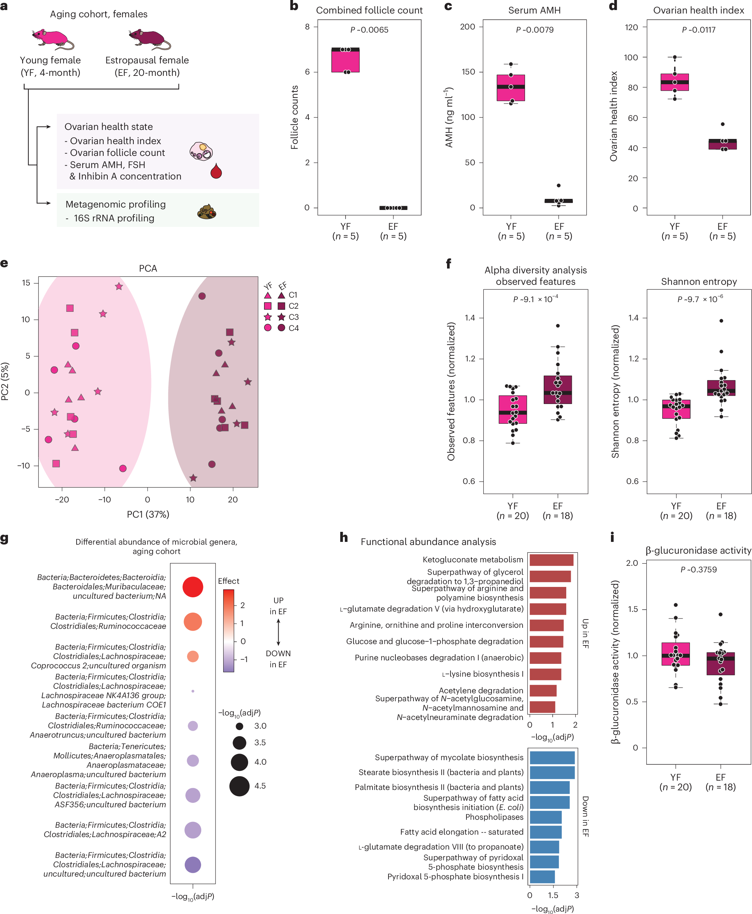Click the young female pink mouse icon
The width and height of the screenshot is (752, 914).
[52, 38]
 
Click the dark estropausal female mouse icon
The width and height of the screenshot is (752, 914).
[149, 38]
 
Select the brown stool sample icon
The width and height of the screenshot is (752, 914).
[207, 212]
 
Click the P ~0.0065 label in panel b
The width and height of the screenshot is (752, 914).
[369, 30]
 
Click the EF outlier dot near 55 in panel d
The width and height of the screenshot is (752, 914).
[723, 124]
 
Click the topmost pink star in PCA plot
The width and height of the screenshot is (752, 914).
[119, 287]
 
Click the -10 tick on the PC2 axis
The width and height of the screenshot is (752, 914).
[24, 465]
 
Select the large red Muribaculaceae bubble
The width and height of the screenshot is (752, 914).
[193, 587]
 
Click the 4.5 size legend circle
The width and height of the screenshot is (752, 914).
[239, 786]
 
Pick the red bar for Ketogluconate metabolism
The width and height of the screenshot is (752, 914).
[551, 560]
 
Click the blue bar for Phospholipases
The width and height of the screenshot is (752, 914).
[545, 817]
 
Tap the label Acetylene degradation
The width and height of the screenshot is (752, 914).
[481, 690]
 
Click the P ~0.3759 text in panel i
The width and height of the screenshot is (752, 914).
[698, 569]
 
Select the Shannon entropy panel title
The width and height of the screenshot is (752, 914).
[698, 281]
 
